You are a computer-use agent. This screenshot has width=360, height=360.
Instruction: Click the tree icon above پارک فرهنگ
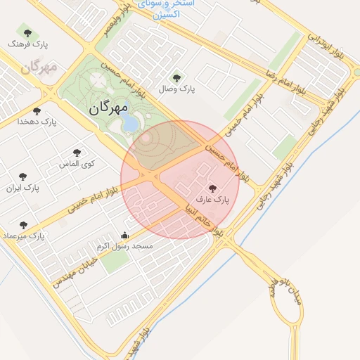[x=27, y=32]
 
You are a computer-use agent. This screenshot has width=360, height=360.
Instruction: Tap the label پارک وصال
[x=176, y=89]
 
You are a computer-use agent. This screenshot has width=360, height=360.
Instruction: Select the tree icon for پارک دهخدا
[x=37, y=110]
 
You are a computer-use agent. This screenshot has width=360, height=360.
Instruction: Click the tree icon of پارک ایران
[x=23, y=176]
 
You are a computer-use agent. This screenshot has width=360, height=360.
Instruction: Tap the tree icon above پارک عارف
[x=213, y=188]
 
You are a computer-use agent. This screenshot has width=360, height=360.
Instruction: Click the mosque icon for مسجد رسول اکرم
[x=125, y=236]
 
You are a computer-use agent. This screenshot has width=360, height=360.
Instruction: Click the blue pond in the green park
[x=130, y=124]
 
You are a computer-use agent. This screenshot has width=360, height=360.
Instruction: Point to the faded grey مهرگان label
[x=38, y=68]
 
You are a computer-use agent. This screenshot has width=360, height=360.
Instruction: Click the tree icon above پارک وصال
[x=176, y=78]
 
